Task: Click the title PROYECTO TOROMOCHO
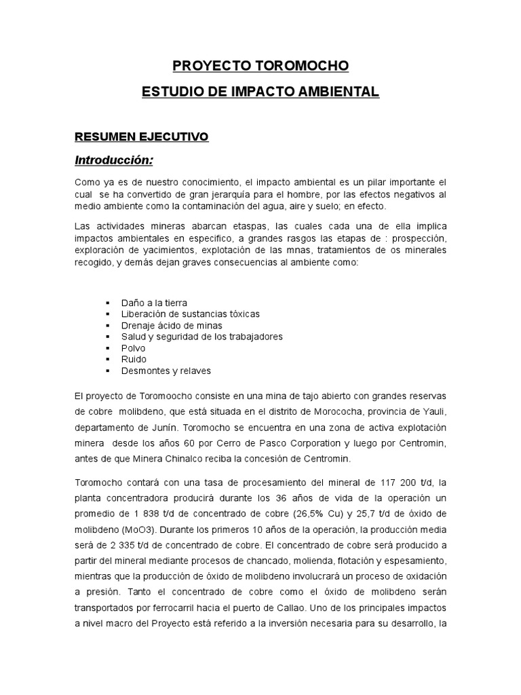click(260, 66)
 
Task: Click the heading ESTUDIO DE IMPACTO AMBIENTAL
click(260, 92)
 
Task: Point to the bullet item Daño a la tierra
click(154, 302)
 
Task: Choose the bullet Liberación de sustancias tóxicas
click(190, 314)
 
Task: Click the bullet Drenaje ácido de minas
click(171, 325)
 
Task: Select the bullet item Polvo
click(133, 347)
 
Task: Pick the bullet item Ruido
click(134, 359)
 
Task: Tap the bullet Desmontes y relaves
click(166, 371)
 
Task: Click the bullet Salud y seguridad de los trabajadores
click(201, 336)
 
